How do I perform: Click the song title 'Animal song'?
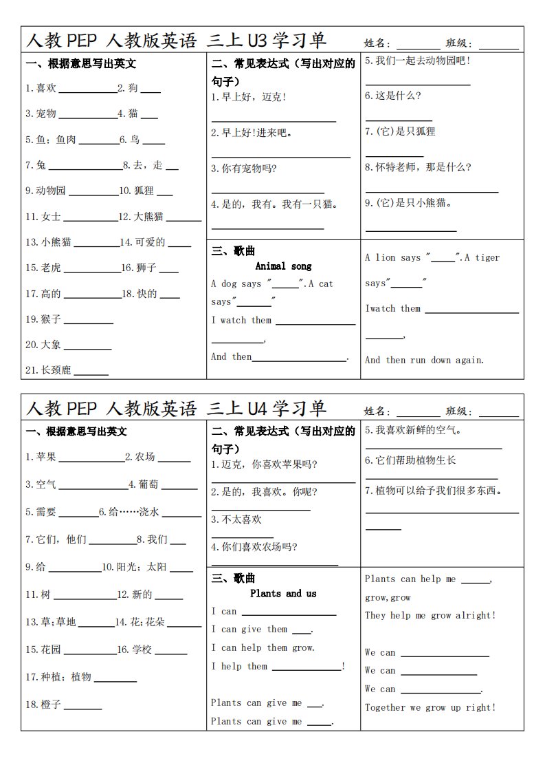coord(283,266)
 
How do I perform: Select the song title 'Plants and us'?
coord(283,593)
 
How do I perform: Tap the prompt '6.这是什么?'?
coord(393,96)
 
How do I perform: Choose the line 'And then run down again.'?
coord(424,360)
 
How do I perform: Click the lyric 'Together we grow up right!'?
coord(430,707)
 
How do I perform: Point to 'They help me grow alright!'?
coord(430,615)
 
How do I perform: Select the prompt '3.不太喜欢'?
coord(236,519)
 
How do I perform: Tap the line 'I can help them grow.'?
coord(263,647)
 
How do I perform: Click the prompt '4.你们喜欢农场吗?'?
coord(254,548)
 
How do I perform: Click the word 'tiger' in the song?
coord(487,257)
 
